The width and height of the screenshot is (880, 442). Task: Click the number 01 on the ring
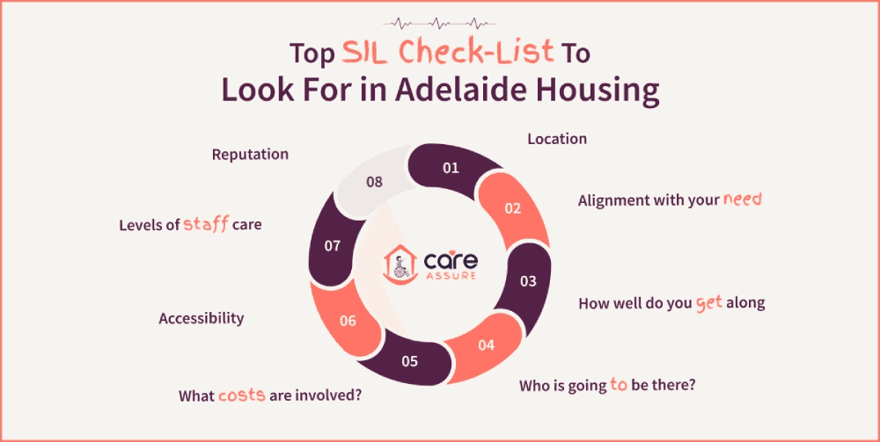451,167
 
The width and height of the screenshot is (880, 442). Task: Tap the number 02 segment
512,208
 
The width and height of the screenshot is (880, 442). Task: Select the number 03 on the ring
527,281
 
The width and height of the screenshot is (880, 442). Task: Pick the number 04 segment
486,344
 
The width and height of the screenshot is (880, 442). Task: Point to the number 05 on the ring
409,360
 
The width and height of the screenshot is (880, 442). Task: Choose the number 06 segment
348,321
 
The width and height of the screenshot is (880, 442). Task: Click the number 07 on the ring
332,246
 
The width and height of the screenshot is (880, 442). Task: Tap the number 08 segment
374,183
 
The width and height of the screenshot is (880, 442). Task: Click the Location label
556,139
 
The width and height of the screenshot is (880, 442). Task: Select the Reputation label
250,154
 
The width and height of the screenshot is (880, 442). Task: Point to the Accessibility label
201,318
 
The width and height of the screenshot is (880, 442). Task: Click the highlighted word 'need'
742,199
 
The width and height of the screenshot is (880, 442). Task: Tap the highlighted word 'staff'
206,225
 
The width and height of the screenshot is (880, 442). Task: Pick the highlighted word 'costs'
242,395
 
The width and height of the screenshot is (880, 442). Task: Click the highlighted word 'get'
708,302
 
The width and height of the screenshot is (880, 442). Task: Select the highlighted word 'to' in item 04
619,385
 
